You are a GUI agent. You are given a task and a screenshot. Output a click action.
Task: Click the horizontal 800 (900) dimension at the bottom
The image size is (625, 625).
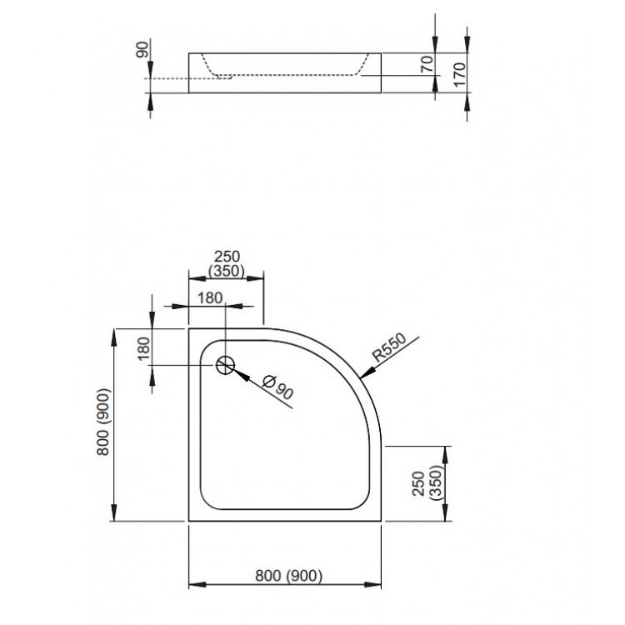(x=288, y=574)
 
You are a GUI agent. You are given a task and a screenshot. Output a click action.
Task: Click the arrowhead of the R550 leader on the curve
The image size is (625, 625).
(x=364, y=374)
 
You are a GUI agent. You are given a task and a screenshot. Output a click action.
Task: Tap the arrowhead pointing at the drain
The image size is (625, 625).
(x=237, y=372)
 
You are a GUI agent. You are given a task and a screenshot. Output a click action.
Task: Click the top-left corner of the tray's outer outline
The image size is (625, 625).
(x=189, y=328)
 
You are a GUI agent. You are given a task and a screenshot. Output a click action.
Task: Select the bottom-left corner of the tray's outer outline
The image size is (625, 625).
(x=189, y=521)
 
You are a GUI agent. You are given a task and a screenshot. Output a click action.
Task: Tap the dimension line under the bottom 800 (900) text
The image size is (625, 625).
(x=288, y=584)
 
